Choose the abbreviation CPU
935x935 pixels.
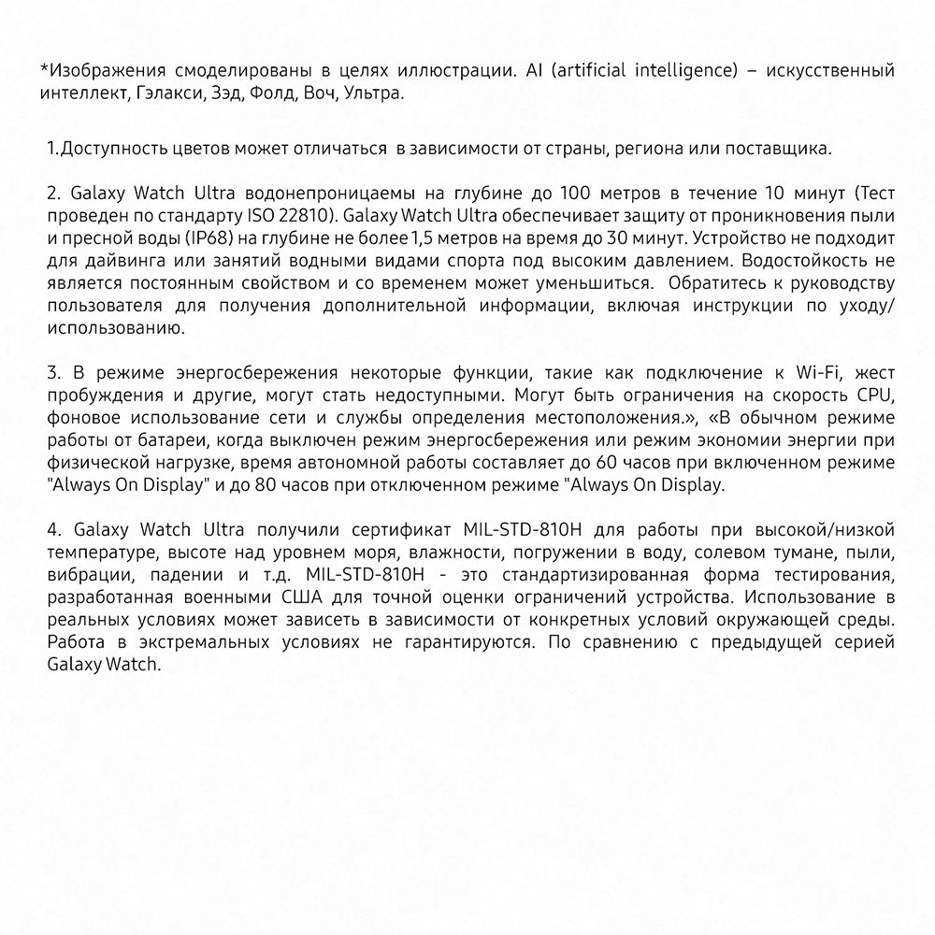point(874,396)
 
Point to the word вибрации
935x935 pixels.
point(79,575)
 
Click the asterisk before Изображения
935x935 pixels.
point(44,69)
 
